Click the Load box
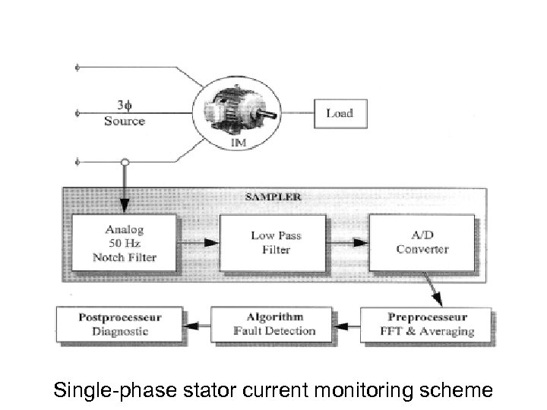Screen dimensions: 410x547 point(339,113)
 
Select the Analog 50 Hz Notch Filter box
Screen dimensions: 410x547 point(125,243)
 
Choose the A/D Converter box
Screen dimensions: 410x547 point(422,242)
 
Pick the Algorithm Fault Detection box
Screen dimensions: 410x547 point(274,324)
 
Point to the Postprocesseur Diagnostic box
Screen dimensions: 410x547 point(119,324)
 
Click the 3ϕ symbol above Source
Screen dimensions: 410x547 point(124,106)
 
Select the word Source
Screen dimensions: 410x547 point(124,121)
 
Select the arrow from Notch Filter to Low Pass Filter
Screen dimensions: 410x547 point(198,244)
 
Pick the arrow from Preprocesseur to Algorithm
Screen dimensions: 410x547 point(349,325)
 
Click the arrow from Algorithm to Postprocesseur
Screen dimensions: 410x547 point(198,325)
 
